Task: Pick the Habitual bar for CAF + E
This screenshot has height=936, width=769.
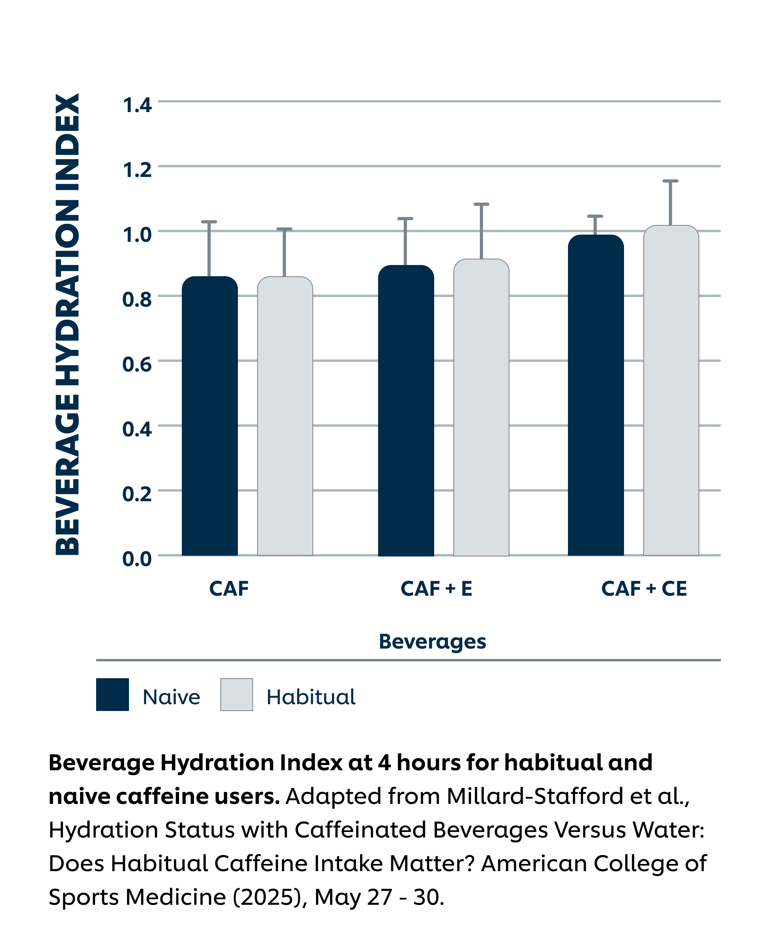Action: click(x=481, y=407)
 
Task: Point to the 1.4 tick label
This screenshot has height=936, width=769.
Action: click(x=137, y=105)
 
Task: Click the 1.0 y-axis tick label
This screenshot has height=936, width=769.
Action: click(x=137, y=235)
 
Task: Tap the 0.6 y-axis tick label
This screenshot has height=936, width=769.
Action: click(x=137, y=364)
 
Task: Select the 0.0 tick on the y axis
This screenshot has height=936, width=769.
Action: click(x=137, y=559)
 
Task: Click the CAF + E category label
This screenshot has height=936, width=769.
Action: click(x=436, y=589)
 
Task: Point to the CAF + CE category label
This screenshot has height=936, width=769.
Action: click(x=644, y=589)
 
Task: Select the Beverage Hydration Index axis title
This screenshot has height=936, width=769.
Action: click(x=67, y=324)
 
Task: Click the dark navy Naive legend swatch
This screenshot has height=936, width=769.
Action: click(x=113, y=695)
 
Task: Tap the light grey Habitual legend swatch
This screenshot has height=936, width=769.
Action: click(x=237, y=695)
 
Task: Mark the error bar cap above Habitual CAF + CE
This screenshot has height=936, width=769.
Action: click(x=670, y=181)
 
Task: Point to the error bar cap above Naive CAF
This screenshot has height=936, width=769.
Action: click(x=209, y=221)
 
